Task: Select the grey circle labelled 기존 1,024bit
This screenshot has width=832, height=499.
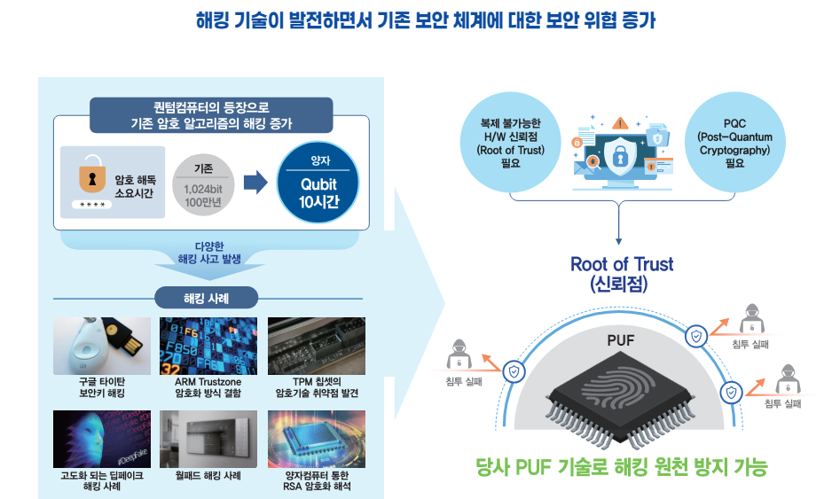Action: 202,183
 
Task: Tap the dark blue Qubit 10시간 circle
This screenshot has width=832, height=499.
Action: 318,182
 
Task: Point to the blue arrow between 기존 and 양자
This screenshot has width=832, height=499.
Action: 255,183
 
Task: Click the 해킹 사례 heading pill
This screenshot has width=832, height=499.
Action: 206,298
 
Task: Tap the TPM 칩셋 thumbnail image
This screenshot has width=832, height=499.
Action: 317,346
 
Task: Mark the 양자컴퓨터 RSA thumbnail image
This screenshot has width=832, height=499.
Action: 317,439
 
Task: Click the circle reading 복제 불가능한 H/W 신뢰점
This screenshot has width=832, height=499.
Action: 510,143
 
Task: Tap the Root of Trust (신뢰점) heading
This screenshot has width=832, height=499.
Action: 621,274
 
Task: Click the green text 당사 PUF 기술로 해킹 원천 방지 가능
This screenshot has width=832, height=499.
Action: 621,465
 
